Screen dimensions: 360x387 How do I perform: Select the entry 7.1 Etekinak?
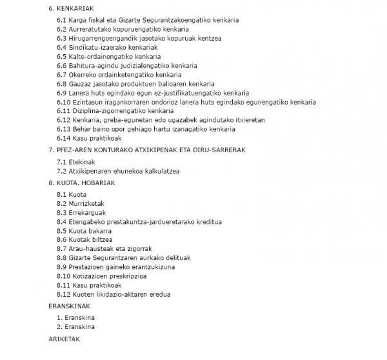(77, 161)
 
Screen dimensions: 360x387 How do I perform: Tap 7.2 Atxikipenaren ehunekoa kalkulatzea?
(118, 171)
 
